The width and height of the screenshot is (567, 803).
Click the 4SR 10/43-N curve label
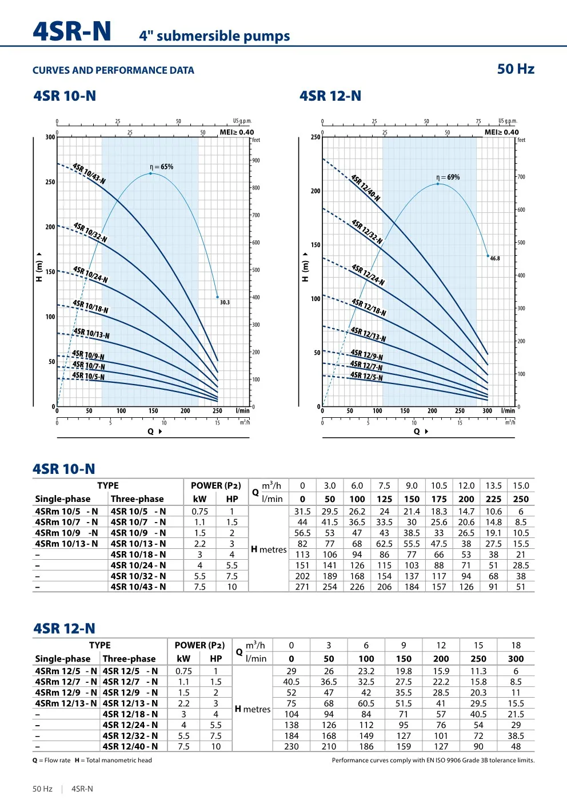coord(89,173)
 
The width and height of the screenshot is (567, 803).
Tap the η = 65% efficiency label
coord(161,167)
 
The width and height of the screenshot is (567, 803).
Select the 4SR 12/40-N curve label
coord(365,188)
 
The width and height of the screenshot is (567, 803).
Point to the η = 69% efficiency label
coord(448,177)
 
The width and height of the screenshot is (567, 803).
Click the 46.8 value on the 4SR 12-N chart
coord(495,259)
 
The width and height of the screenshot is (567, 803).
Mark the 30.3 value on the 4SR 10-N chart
coord(225,303)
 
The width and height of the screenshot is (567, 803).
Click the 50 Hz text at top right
coord(516,69)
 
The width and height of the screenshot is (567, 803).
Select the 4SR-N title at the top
coord(72,31)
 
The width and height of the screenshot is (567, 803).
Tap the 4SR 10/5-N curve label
coord(88,376)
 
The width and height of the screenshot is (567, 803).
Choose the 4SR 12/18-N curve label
coord(369,307)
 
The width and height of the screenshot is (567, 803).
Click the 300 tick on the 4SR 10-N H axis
coord(50,137)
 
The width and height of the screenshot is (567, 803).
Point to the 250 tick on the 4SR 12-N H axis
coord(316,137)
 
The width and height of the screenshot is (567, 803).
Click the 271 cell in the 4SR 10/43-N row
coord(302,587)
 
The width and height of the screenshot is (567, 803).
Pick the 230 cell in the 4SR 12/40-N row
coord(292,746)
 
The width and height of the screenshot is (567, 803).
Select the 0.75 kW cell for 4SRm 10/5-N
coord(200,512)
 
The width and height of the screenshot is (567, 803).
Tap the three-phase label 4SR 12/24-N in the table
coord(130,725)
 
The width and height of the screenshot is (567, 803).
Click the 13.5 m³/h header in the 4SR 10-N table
coord(493,486)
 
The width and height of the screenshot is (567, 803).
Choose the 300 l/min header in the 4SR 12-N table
coord(516,659)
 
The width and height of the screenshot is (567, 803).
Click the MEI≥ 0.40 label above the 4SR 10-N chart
coord(237,132)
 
